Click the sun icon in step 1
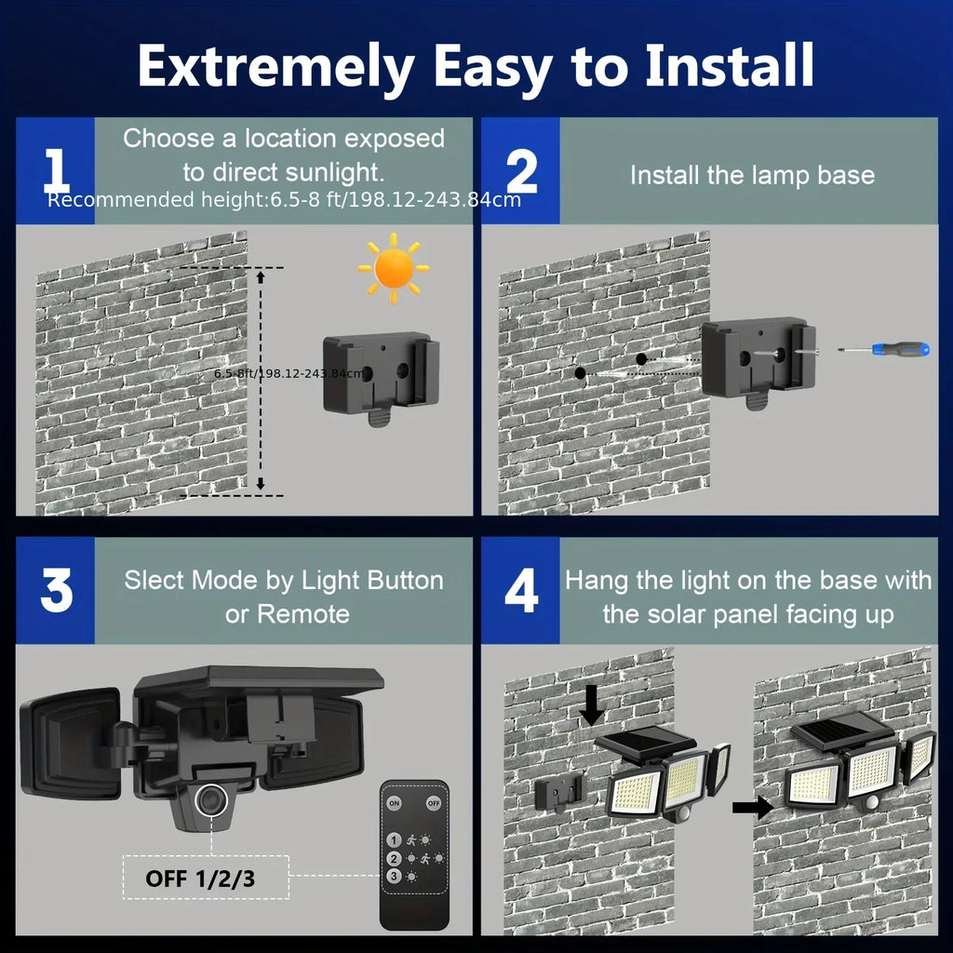tap(393, 268)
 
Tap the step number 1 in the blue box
tap(56, 171)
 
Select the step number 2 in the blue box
tap(521, 171)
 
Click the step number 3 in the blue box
tap(56, 592)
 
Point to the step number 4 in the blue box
tap(521, 592)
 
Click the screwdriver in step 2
tap(880, 350)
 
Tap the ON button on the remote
tap(395, 802)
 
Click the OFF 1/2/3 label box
tap(200, 879)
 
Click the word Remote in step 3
tap(303, 614)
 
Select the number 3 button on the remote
tap(395, 876)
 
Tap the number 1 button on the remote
tap(395, 839)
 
